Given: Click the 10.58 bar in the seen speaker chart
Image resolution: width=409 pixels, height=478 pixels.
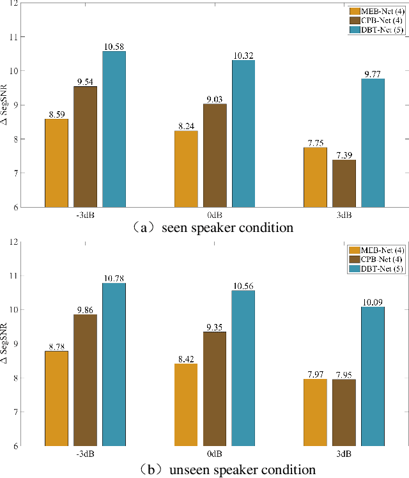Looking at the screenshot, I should click(x=114, y=129).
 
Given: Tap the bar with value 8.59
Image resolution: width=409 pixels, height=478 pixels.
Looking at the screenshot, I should click(x=56, y=163).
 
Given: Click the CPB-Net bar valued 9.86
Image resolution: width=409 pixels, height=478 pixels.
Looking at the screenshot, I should click(x=86, y=380).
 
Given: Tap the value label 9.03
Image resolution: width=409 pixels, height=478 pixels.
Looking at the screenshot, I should click(x=215, y=98).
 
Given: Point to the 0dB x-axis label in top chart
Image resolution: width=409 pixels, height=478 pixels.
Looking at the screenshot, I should click(x=215, y=215).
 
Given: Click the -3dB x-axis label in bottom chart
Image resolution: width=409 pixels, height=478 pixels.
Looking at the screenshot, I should click(x=86, y=454).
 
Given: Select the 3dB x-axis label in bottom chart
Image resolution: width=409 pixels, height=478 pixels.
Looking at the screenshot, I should click(x=344, y=454).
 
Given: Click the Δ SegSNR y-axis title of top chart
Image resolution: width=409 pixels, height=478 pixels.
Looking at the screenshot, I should click(x=6, y=105).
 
